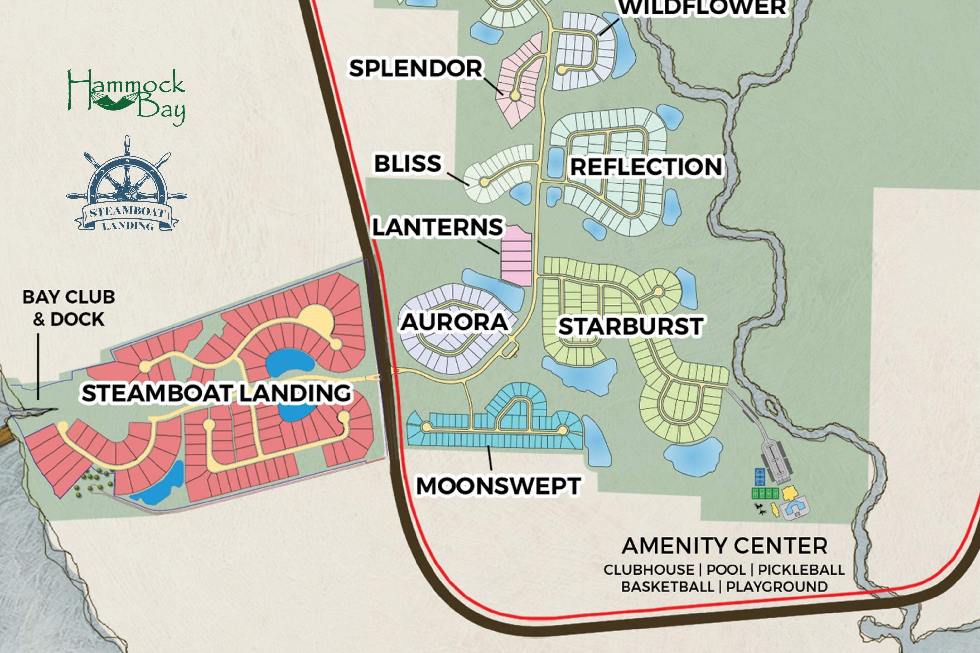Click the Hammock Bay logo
click(126, 97)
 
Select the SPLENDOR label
click(416, 69)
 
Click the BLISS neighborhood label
click(407, 163)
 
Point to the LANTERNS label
click(437, 227)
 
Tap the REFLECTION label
click(646, 167)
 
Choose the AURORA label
click(454, 322)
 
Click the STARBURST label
click(630, 326)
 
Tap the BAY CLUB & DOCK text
click(69, 308)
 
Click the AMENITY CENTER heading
click(724, 546)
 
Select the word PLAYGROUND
click(777, 587)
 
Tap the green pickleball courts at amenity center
click(765, 493)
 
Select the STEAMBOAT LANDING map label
click(216, 393)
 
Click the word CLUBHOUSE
click(649, 570)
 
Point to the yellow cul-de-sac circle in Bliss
click(484, 182)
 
